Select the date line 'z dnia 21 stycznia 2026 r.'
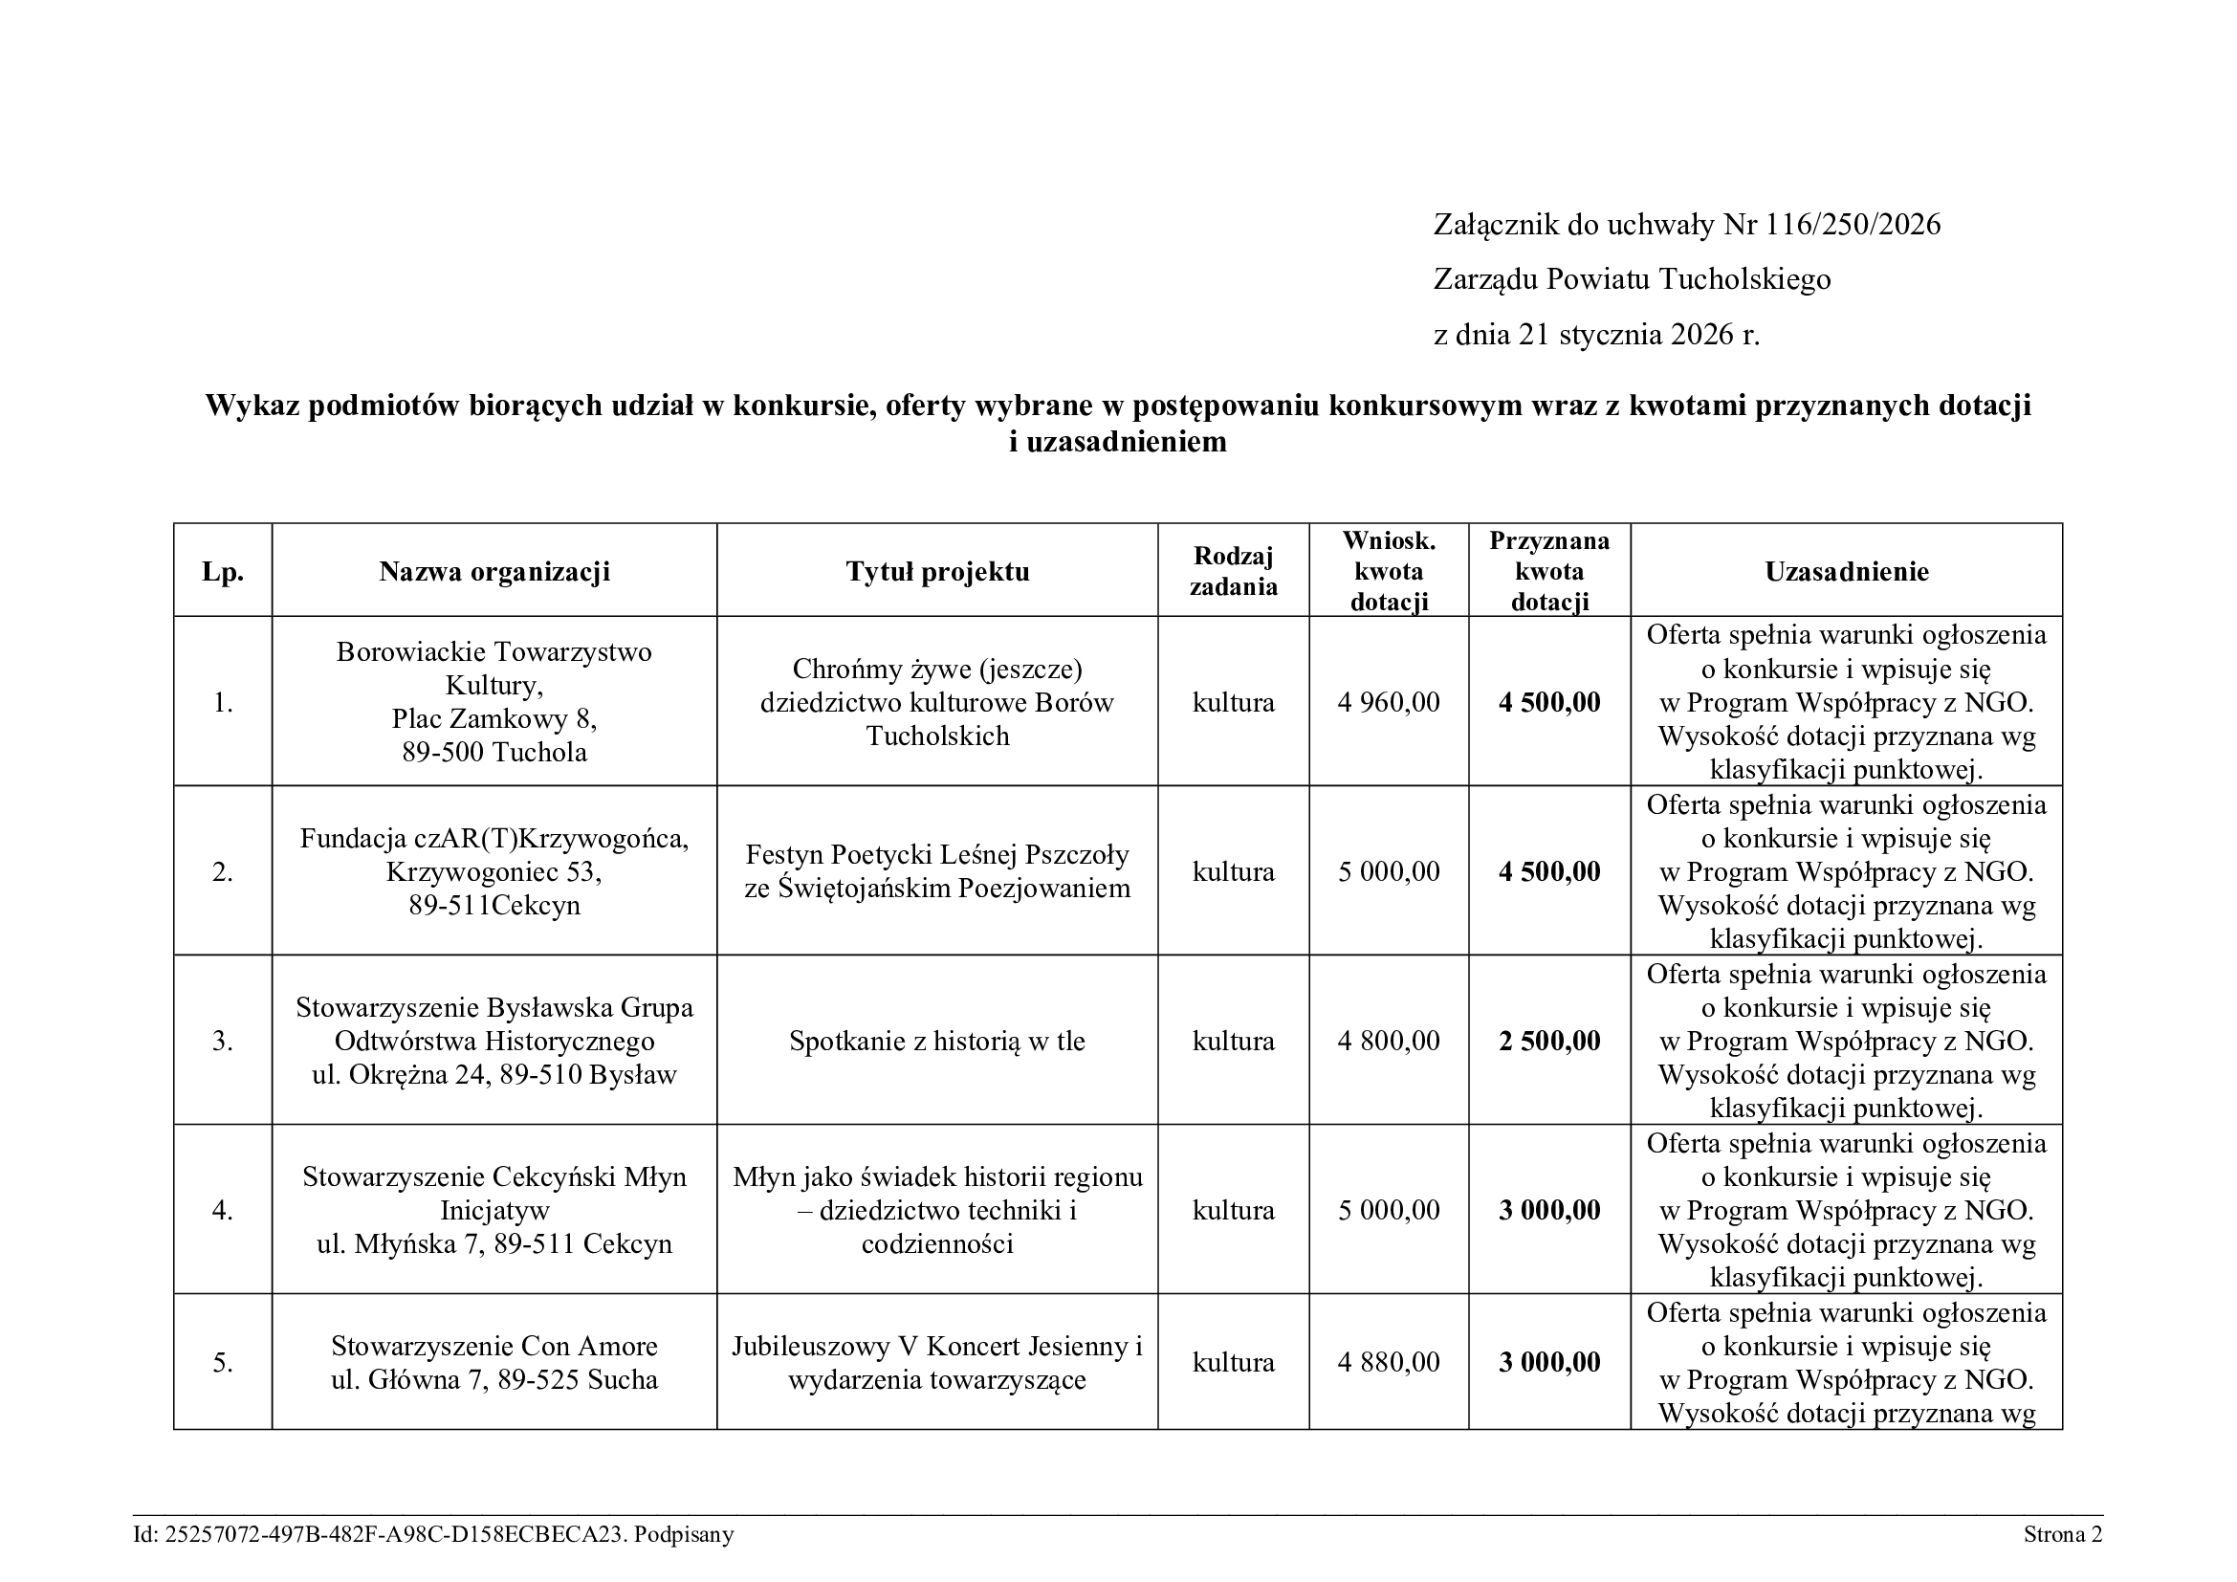click(x=1596, y=335)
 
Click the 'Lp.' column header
click(x=222, y=572)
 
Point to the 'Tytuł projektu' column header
click(x=937, y=572)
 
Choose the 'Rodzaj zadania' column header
click(x=1233, y=572)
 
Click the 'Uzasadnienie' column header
click(x=1846, y=572)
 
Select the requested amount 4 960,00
click(x=1389, y=702)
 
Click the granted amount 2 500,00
click(x=1549, y=1042)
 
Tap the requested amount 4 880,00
click(x=1389, y=1362)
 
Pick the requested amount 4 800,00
click(x=1389, y=1042)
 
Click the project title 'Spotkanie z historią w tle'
click(x=937, y=1042)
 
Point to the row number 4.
click(x=222, y=1211)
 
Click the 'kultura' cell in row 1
click(x=1233, y=702)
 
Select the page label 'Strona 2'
click(x=2063, y=1535)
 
